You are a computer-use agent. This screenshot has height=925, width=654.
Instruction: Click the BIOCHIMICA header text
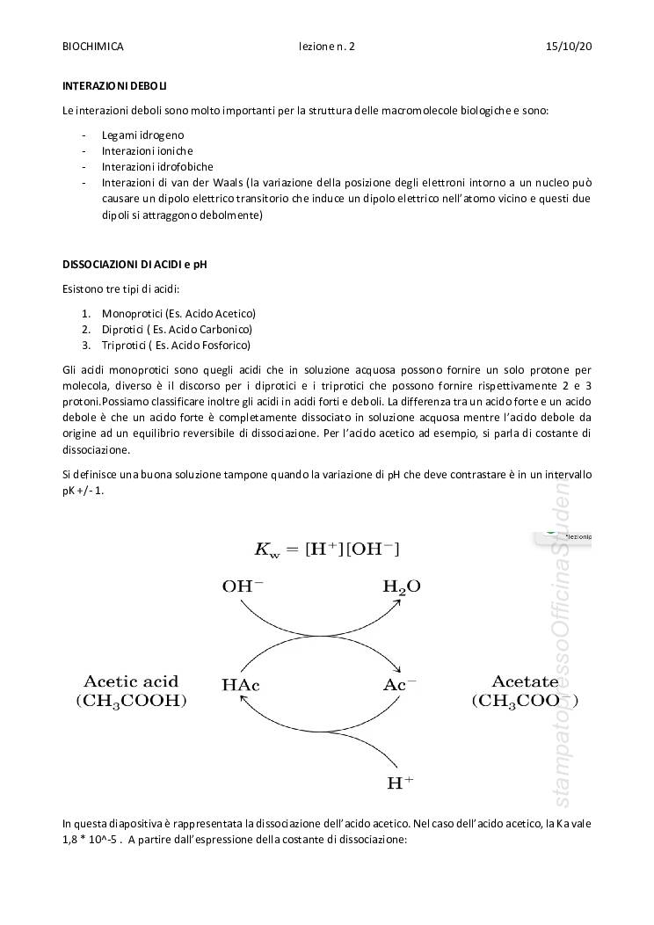point(93,46)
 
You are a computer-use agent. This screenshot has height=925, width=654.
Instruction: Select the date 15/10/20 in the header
point(569,46)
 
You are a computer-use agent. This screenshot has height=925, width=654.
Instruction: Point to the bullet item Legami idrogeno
point(142,135)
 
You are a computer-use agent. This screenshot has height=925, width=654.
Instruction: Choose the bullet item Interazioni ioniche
point(147,150)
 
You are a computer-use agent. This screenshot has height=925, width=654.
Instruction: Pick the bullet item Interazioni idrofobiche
point(157,166)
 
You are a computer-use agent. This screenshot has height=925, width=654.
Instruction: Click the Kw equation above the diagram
point(326,550)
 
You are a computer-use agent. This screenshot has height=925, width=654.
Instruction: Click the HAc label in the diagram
point(242,685)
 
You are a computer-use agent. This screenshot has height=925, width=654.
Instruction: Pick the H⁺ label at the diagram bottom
point(400,782)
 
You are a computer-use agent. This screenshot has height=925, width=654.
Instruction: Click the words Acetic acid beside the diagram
point(131,681)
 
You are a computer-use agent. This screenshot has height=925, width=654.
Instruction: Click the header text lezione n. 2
point(326,46)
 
